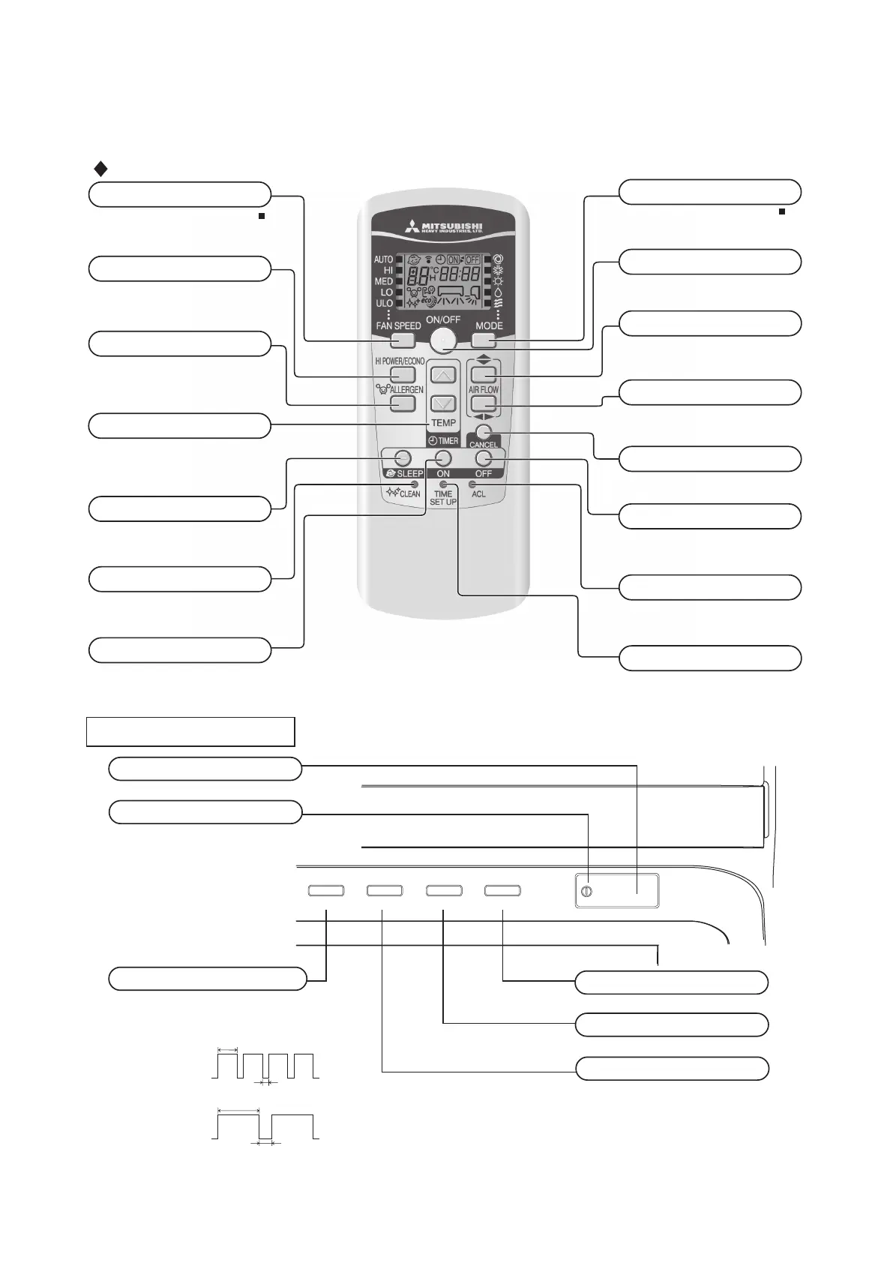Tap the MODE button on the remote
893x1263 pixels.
(484, 340)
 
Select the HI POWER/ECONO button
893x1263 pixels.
(403, 374)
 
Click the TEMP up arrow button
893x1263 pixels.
(444, 375)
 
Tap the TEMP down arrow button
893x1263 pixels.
(444, 403)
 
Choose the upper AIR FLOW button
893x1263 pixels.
(484, 374)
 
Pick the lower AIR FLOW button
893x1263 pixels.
(484, 403)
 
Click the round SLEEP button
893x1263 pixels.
(402, 457)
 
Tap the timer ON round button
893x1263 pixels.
(444, 457)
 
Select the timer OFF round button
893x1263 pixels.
(484, 457)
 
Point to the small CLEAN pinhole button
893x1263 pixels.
(415, 485)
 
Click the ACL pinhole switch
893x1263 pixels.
(472, 485)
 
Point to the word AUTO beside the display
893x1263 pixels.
(383, 259)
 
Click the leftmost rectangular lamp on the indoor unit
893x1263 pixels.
(326, 890)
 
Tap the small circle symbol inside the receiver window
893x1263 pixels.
(586, 892)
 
